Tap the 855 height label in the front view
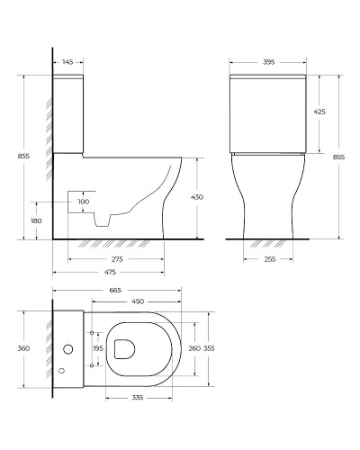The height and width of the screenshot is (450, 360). [349, 156]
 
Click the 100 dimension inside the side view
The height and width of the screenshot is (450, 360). [84, 202]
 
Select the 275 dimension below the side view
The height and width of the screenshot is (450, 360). [108, 259]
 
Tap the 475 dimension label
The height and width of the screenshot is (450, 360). [108, 272]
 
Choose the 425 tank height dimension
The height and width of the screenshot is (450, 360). [319, 112]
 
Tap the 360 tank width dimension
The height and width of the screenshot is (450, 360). [24, 348]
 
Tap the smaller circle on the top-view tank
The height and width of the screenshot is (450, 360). [62, 370]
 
